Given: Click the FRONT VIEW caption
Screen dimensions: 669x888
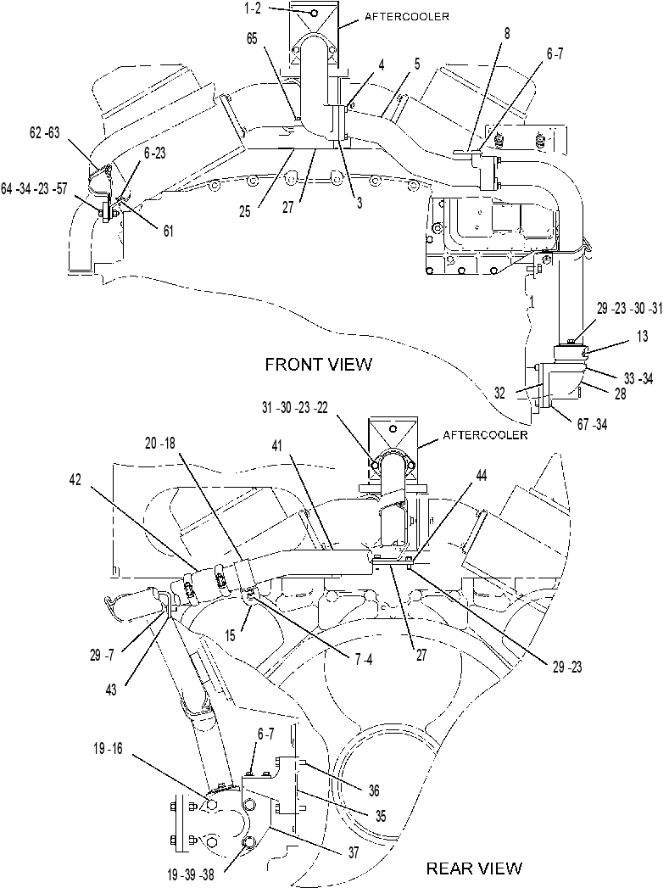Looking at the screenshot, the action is coord(319,364).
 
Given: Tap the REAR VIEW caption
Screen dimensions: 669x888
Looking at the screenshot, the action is coord(474,868).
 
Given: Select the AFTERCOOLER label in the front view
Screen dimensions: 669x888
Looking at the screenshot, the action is coord(406,16).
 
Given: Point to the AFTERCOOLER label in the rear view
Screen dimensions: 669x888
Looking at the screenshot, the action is coord(485,435).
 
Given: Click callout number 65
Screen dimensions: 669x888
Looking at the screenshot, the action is coord(252,38).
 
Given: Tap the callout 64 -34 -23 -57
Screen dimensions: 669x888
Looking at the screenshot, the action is coord(33,189).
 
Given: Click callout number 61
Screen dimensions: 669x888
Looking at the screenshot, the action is coord(168,231).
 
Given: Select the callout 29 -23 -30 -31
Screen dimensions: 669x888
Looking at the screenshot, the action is coord(629,309).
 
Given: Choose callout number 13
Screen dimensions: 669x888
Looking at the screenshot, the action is coord(642,337).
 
